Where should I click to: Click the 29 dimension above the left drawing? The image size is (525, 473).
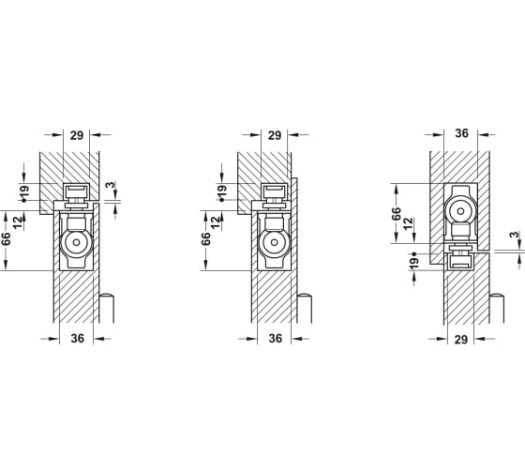click(77, 135)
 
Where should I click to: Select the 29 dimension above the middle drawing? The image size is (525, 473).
click(275, 135)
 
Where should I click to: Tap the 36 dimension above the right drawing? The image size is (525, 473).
click(461, 133)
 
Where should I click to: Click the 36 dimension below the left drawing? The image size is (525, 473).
click(77, 339)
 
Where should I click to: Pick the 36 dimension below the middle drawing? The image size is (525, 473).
click(276, 339)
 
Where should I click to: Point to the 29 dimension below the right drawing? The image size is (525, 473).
click(461, 340)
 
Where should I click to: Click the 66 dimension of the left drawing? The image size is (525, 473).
click(6, 239)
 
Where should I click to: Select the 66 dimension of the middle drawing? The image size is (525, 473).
click(206, 238)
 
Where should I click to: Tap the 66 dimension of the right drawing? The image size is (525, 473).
click(396, 214)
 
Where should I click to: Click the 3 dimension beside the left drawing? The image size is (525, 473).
click(111, 185)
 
